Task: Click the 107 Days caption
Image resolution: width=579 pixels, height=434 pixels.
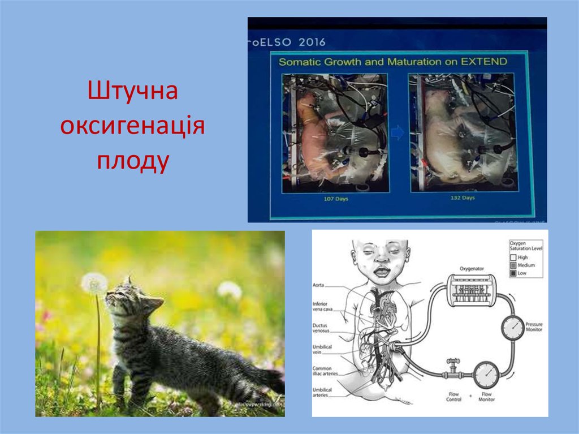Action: click(335, 198)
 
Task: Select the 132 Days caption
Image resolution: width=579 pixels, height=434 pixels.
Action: click(462, 198)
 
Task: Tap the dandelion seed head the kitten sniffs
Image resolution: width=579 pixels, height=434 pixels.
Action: click(94, 283)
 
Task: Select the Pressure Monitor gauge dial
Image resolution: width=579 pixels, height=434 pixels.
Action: click(512, 327)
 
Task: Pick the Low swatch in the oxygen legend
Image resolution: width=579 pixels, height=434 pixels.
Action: click(514, 274)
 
